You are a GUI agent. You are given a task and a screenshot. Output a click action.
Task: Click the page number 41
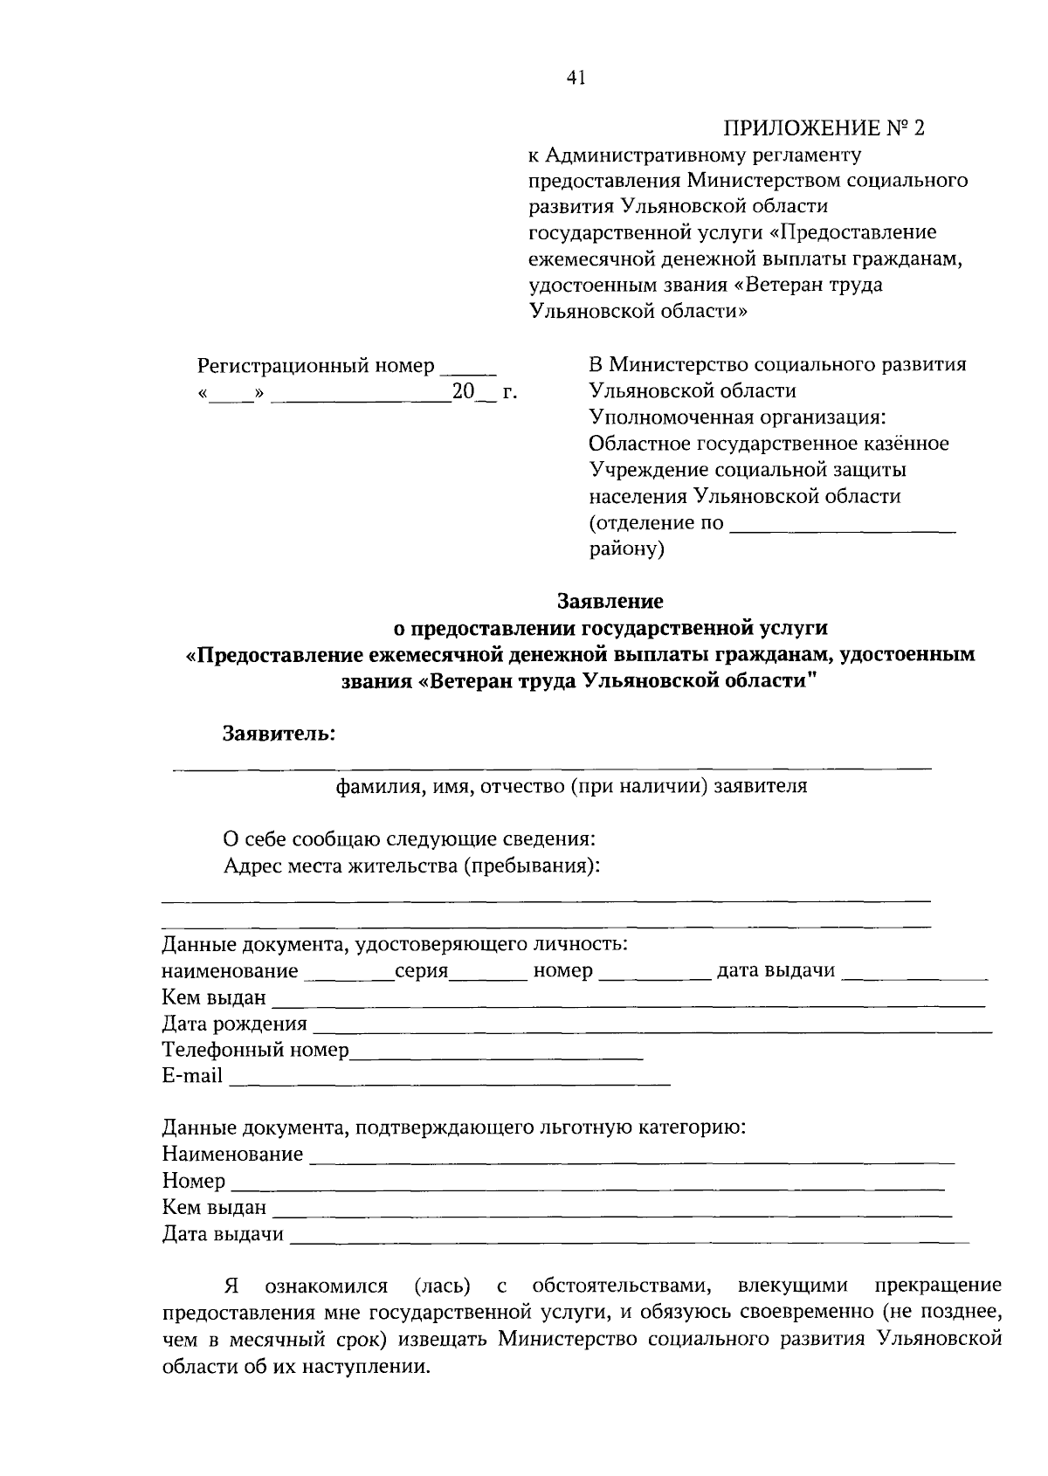pos(576,79)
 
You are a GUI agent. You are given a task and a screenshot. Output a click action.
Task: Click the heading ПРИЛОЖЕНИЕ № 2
pos(823,128)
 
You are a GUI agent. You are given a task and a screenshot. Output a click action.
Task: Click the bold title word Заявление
pos(610,601)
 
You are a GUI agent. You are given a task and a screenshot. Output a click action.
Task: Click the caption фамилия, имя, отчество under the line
pos(572,786)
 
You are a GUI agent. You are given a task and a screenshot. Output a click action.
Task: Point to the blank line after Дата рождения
pos(651,1025)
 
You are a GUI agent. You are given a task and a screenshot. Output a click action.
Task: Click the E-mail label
pos(192,1076)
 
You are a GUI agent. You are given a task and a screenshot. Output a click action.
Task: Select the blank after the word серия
pos(487,973)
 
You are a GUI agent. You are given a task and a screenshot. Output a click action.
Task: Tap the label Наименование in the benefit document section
pos(232,1155)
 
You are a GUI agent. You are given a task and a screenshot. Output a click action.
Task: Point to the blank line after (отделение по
pos(842,525)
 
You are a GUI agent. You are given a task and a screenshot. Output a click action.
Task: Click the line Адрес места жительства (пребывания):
pos(412,866)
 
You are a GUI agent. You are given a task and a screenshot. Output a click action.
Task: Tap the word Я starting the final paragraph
pos(231,1286)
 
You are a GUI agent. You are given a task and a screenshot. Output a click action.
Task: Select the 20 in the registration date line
pos(462,393)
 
